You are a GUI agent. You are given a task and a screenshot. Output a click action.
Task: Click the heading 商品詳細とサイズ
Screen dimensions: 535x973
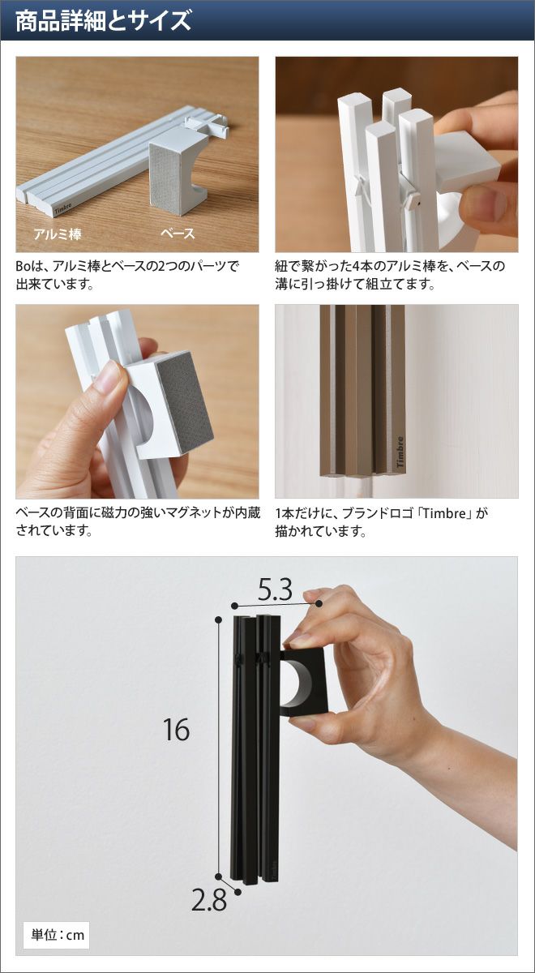104,20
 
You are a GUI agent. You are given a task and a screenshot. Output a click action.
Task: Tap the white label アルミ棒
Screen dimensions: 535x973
58,234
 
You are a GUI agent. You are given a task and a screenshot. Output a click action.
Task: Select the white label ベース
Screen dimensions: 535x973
178,234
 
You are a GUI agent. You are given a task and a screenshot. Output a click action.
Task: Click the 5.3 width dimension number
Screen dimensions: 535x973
275,590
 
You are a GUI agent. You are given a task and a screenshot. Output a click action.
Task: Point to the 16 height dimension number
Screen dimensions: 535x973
176,729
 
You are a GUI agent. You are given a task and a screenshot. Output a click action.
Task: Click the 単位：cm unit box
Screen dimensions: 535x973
57,935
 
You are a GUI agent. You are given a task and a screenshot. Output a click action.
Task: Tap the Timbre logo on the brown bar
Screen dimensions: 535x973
400,452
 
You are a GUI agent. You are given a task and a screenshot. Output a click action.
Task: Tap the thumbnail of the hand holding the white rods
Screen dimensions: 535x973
396,154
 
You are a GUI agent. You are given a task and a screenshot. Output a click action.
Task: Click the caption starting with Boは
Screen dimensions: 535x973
127,275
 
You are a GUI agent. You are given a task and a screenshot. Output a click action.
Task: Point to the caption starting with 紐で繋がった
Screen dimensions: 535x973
390,275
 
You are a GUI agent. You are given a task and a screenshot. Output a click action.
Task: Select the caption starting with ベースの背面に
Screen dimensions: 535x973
138,521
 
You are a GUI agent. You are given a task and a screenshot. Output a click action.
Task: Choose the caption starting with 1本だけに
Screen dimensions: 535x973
381,521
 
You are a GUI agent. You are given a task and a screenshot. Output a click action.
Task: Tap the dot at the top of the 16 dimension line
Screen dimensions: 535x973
218,619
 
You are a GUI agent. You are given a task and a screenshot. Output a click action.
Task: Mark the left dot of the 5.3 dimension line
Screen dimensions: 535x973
234,606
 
